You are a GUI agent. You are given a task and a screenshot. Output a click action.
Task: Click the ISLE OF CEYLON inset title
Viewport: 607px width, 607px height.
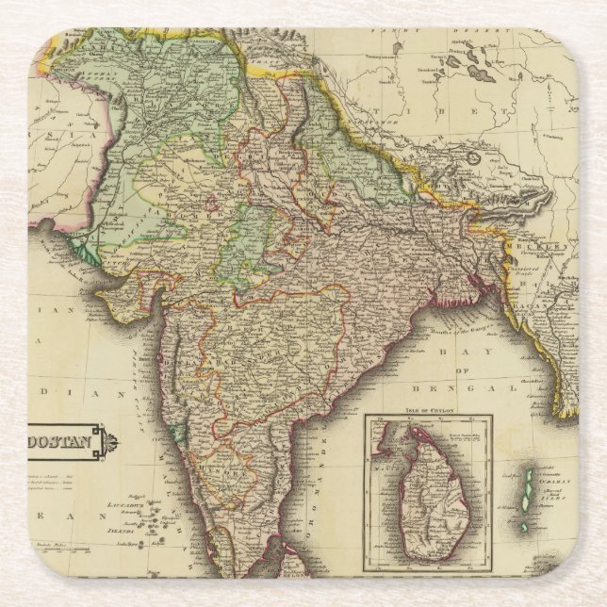pyautogui.click(x=428, y=410)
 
